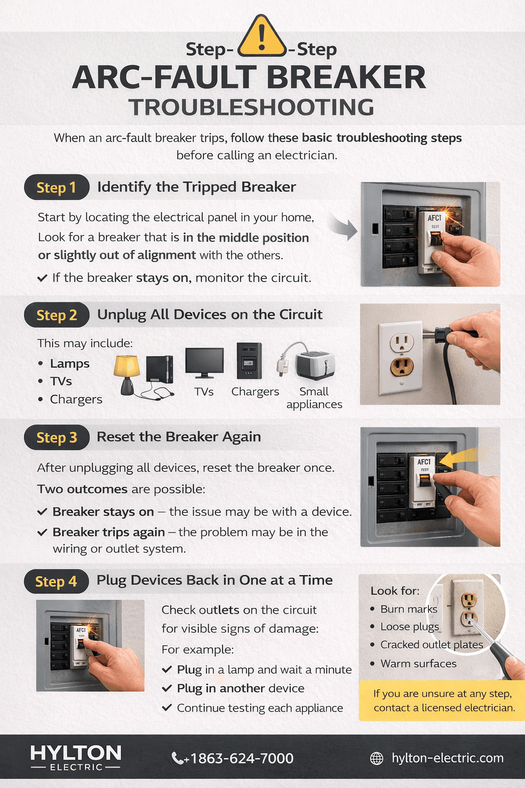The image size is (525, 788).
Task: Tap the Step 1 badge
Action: [56, 188]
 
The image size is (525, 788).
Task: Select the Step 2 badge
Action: [56, 315]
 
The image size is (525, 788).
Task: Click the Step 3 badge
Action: [56, 438]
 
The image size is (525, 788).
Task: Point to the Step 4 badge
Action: [56, 581]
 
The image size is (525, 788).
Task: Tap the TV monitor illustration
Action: [204, 363]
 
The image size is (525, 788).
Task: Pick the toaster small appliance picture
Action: [314, 365]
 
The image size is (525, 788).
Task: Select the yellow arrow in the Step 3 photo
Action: [458, 458]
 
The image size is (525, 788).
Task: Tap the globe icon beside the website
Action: [377, 758]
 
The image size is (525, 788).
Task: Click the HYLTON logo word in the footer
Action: [76, 753]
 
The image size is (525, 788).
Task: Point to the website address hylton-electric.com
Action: [447, 758]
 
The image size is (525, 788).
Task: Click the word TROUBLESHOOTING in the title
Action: [251, 108]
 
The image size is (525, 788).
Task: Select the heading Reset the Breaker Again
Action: [178, 437]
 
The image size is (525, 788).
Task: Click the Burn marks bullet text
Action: [409, 609]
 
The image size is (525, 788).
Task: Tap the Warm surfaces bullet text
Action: [418, 663]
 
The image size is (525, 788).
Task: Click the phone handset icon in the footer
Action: [177, 758]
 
